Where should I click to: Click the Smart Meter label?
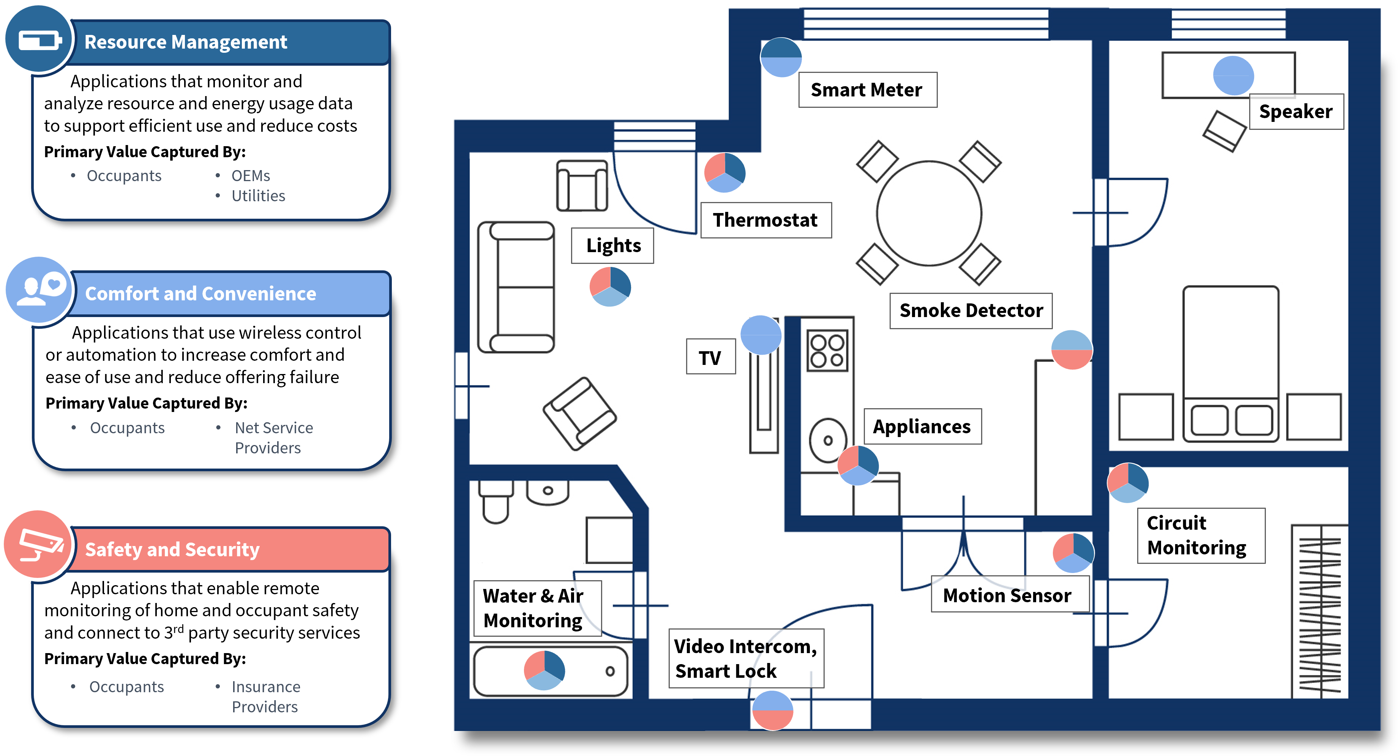[867, 90]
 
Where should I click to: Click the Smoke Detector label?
[970, 311]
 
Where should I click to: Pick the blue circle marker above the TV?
[761, 335]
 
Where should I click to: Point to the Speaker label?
[1295, 112]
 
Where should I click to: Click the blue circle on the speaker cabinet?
[1233, 76]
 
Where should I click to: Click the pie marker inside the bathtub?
[544, 670]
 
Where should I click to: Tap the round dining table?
[929, 213]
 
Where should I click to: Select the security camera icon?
[39, 545]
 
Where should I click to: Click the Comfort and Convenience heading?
[201, 294]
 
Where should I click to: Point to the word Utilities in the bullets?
[258, 196]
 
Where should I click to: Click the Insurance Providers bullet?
[265, 697]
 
